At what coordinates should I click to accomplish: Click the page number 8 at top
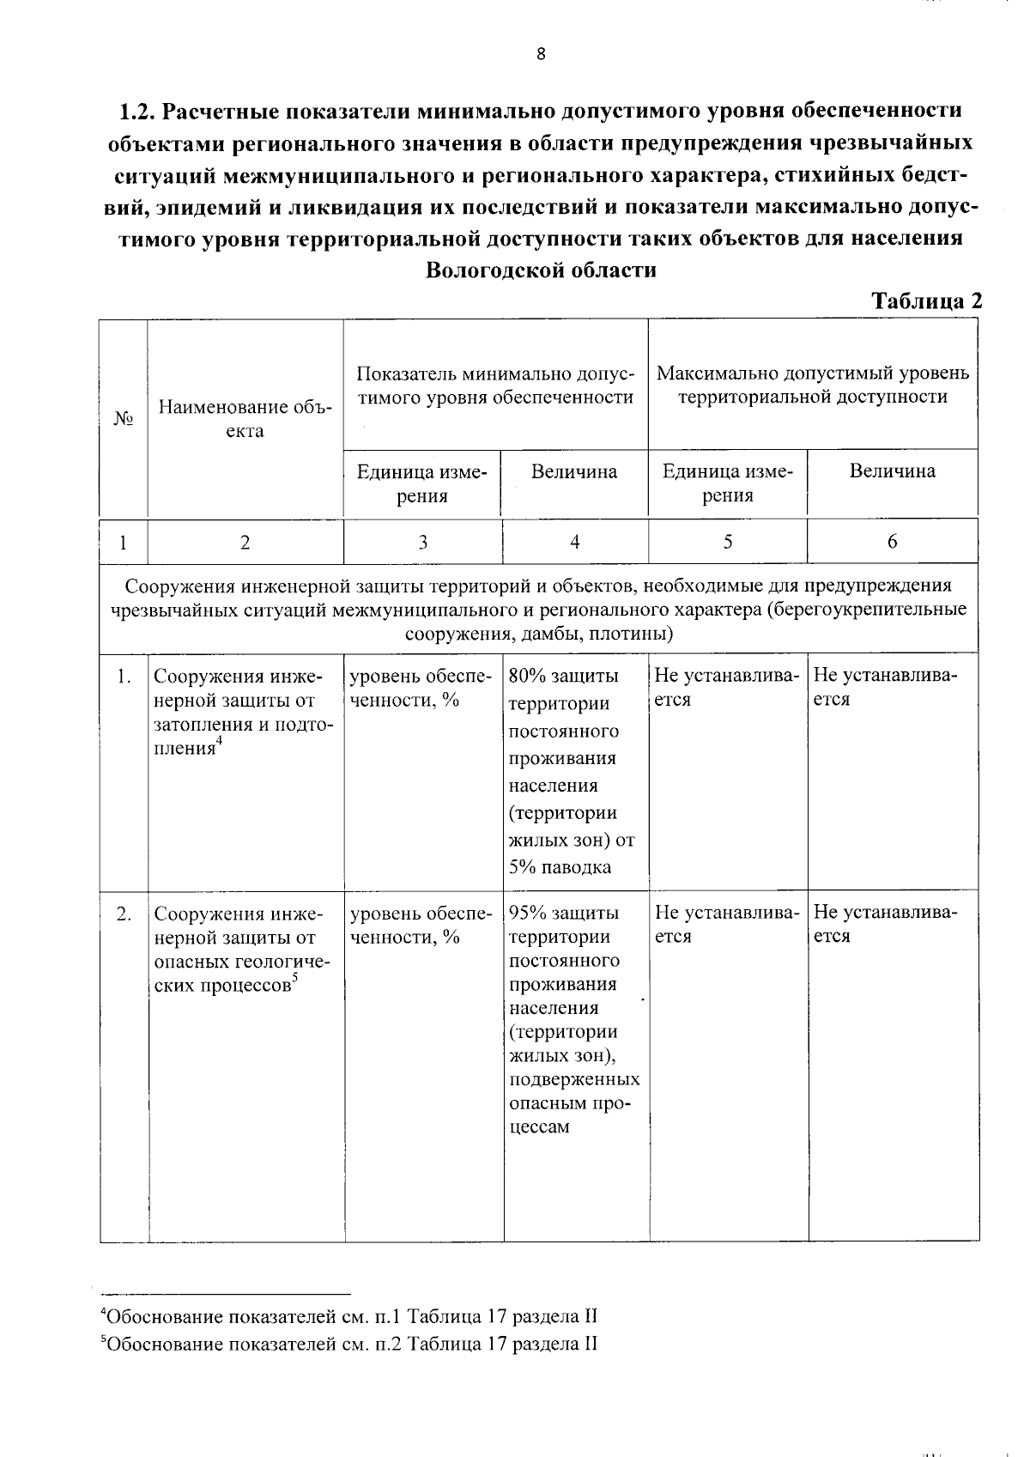coord(541,55)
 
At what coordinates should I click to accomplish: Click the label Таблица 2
coord(926,301)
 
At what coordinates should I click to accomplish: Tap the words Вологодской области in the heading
coord(541,270)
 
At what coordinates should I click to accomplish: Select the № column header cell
coord(124,419)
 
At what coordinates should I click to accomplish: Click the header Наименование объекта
coord(245,419)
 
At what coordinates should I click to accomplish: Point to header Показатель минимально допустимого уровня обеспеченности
coord(495,385)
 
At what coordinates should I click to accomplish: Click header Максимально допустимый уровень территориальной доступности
coord(813,385)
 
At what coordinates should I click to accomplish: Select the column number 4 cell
coord(574,542)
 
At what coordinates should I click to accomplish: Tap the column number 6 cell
coord(893,542)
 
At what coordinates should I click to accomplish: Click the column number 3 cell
coord(423,542)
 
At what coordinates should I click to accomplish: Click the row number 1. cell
coord(124,677)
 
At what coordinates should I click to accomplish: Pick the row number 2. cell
coord(124,914)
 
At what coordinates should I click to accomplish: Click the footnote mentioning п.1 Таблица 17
coord(349,1316)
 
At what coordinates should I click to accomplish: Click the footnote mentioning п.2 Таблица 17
coord(349,1344)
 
